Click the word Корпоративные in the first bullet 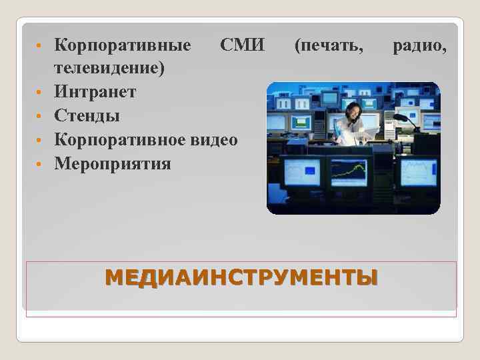[122, 46]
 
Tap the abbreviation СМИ [243, 46]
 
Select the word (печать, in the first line [329, 46]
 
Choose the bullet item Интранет [95, 92]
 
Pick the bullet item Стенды [87, 115]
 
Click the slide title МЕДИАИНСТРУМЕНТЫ [241, 277]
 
